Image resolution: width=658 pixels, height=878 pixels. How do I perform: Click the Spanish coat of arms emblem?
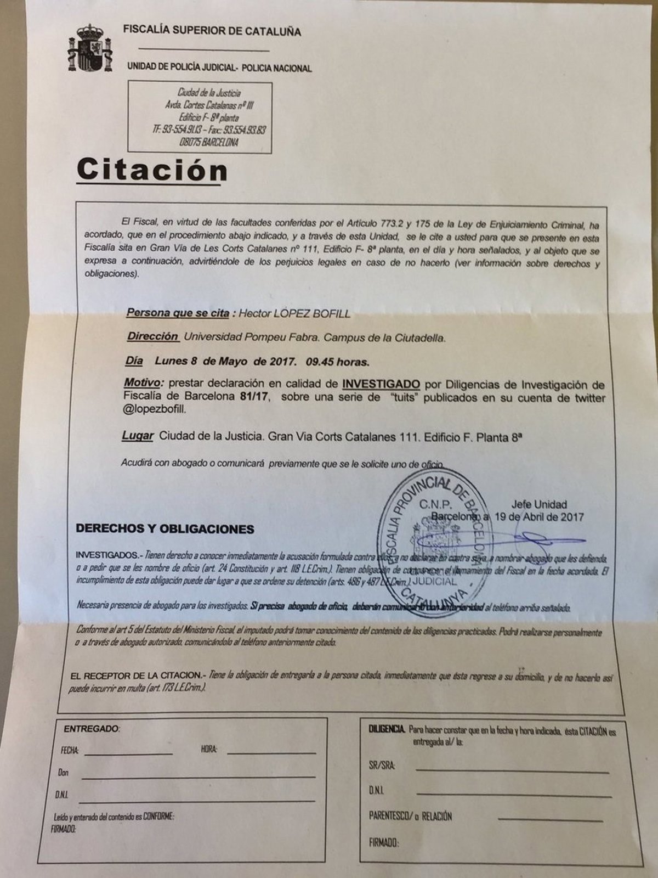87,49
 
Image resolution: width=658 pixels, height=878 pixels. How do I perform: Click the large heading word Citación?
152,170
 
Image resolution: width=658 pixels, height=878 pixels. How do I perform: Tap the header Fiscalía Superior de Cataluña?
212,31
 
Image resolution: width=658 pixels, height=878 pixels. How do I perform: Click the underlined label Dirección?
153,337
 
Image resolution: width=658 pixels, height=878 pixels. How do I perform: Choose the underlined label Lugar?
138,436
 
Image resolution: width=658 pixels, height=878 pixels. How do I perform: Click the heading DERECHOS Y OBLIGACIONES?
165,530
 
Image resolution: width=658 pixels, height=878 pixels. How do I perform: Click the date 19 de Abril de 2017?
538,516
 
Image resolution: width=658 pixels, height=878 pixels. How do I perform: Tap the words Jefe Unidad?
539,504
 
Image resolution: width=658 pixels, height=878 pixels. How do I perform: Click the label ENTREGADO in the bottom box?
91,729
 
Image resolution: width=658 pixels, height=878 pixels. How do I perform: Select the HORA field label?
209,749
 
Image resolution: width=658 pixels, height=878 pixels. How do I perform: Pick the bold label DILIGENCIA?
387,729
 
